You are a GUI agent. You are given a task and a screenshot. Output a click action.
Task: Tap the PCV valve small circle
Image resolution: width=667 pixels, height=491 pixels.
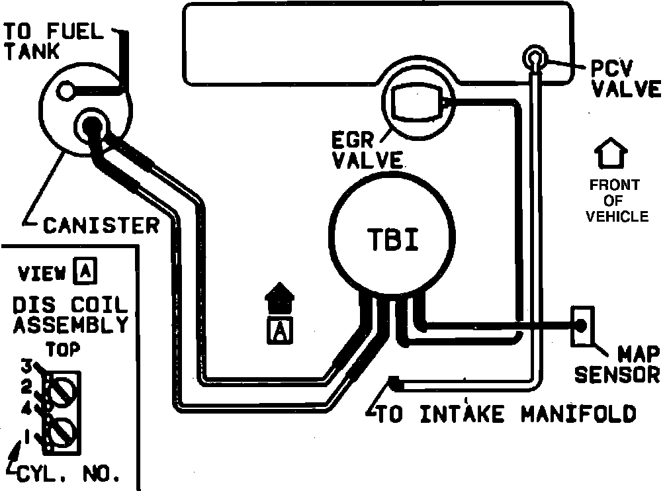coord(534,58)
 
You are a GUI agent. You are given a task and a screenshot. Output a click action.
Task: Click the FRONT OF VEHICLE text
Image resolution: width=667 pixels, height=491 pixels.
coord(615,201)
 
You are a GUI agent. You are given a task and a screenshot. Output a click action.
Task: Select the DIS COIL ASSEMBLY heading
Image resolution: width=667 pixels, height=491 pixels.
coord(70,316)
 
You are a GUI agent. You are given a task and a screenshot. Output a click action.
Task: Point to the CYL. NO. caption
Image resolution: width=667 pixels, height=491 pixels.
coord(69,474)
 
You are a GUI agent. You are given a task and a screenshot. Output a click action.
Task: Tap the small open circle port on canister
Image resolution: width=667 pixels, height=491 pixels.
coord(65,91)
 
